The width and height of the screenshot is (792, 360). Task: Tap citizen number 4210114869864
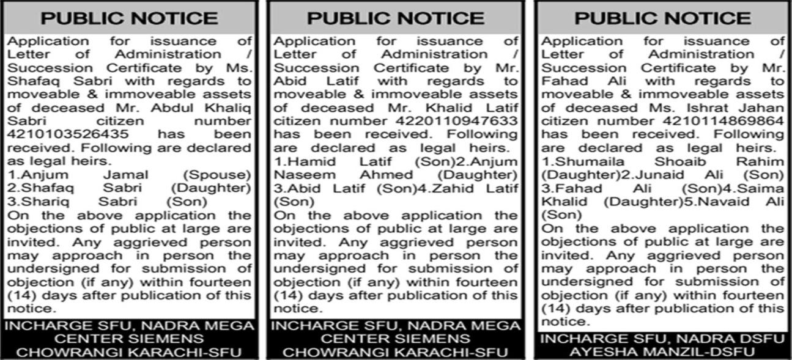[731, 121]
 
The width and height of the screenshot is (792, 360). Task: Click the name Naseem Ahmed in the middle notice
[331, 175]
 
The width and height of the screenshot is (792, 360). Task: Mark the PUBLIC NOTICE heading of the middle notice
[395, 18]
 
